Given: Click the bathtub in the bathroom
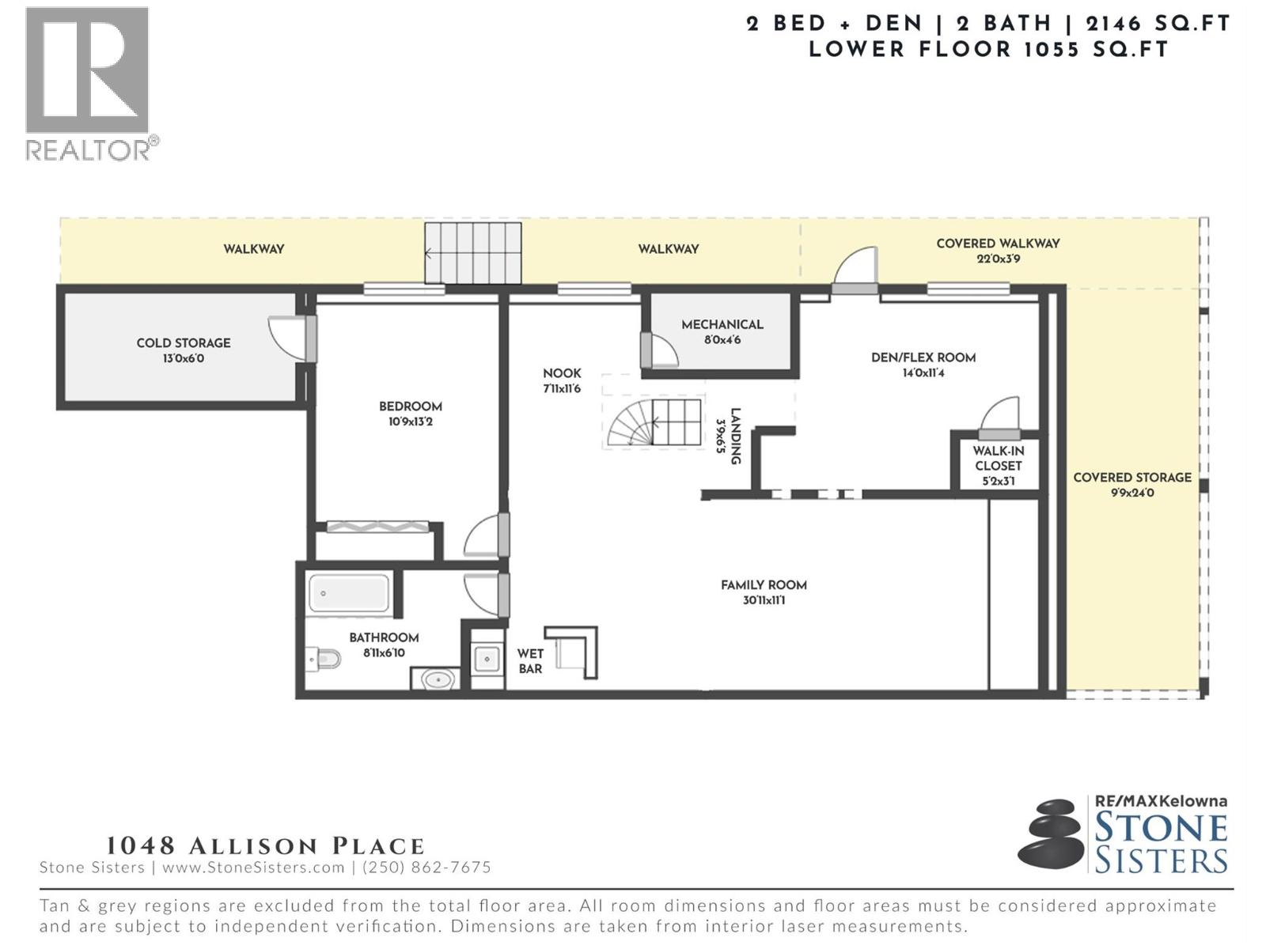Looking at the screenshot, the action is (348, 593).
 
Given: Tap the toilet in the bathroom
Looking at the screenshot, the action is (324, 659).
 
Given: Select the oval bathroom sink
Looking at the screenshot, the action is (438, 680).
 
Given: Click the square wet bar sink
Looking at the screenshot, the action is (487, 659).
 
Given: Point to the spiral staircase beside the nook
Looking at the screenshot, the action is (654, 422).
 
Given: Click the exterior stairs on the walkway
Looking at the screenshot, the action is (473, 253).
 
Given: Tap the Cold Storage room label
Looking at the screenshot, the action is (184, 343).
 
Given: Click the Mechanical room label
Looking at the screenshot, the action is (722, 324).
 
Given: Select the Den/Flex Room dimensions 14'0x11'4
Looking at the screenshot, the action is (923, 372).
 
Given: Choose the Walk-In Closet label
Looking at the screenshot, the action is (998, 458).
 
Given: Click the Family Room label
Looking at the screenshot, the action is (764, 585).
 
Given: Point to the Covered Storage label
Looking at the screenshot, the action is (1132, 477).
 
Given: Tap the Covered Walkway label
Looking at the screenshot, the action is (998, 243).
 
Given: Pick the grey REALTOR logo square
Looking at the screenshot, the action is (87, 70).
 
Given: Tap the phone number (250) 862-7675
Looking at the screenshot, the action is (426, 868).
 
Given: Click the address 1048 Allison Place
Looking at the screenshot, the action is (265, 846).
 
